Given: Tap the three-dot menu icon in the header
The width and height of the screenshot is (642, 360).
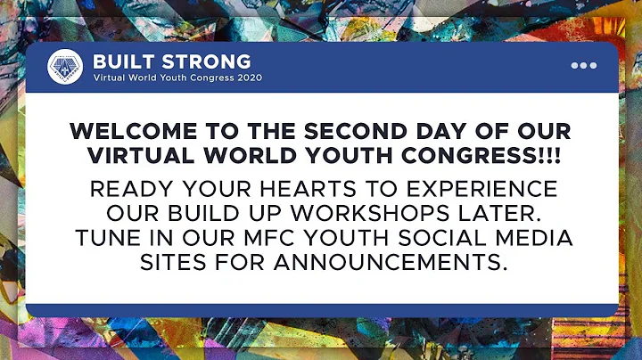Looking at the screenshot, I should pos(583,65).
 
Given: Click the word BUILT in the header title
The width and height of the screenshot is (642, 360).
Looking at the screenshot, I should pos(121,61).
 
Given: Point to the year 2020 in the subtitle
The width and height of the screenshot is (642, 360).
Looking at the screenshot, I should pos(243,77).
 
